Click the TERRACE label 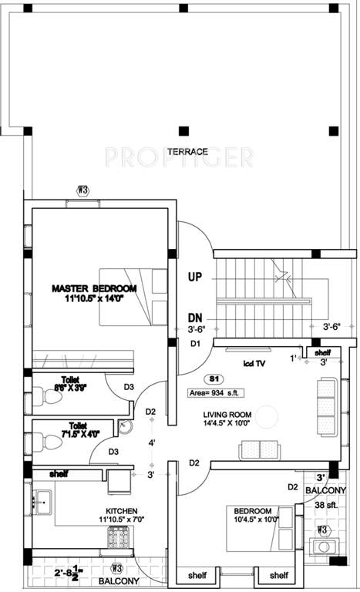[187, 152]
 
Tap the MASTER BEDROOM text [93, 288]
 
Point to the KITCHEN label [122, 510]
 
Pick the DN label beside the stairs [196, 317]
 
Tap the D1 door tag [195, 343]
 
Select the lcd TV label [255, 362]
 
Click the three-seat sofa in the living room [326, 399]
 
